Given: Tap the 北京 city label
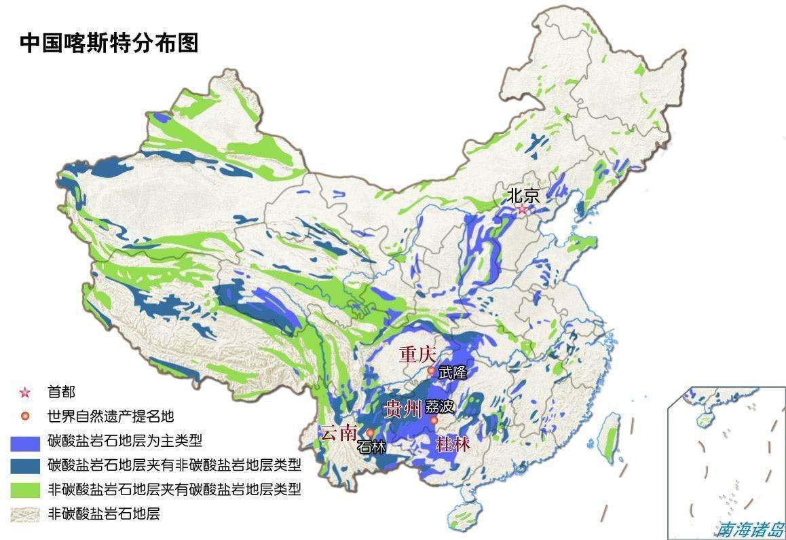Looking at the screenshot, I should point(523,196).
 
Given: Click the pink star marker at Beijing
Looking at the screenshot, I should point(521,210).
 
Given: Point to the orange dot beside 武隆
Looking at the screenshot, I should point(430,371).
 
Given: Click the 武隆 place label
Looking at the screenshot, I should point(453,372).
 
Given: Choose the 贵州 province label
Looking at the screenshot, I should point(403,409).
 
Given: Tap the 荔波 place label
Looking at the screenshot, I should point(439,408).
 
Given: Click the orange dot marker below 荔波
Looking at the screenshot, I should point(434,421).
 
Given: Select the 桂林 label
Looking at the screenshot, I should point(453,445).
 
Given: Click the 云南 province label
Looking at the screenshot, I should point(338,433).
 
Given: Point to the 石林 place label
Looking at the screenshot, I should point(371,447).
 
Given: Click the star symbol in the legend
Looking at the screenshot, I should point(26,393).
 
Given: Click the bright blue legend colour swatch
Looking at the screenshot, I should point(26,442).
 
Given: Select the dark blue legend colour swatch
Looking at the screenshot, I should point(26,466).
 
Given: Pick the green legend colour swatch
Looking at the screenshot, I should point(26,490).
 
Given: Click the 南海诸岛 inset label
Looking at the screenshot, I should point(751,528).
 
